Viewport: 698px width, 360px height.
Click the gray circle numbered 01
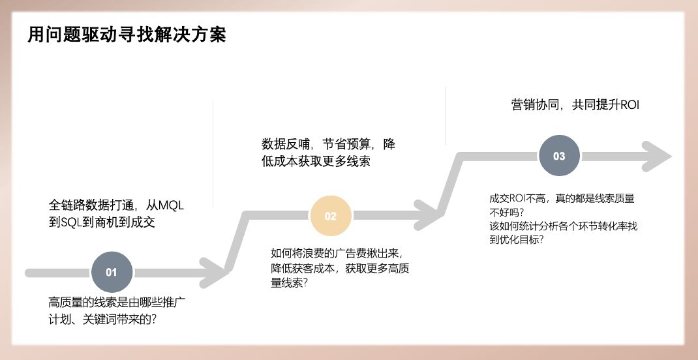pos(112,272)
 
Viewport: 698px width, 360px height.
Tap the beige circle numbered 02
pos(330,216)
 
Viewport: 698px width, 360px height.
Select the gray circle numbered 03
pos(559,156)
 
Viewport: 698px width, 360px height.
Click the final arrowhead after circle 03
pos(656,157)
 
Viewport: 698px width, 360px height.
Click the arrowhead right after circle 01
pos(211,272)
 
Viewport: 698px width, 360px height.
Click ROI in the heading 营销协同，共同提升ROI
pos(630,105)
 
